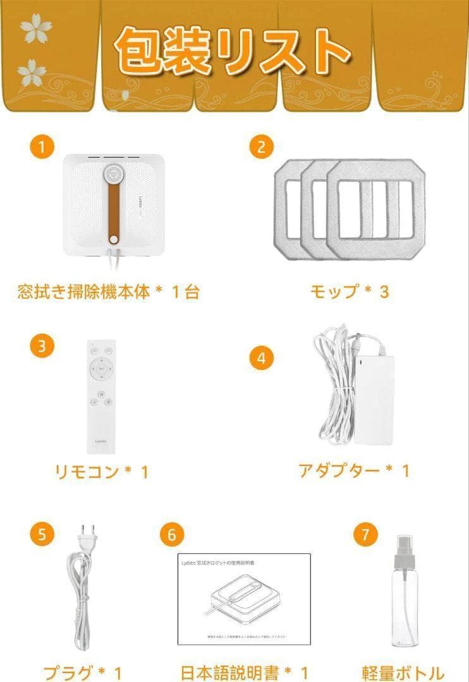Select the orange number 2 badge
[x=260, y=148]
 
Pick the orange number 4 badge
[x=260, y=359]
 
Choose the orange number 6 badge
[x=170, y=534]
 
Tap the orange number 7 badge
[x=365, y=534]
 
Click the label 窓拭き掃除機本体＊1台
[x=108, y=292]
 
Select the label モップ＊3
[x=349, y=292]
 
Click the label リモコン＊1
[x=102, y=472]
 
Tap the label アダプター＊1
[x=354, y=470]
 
